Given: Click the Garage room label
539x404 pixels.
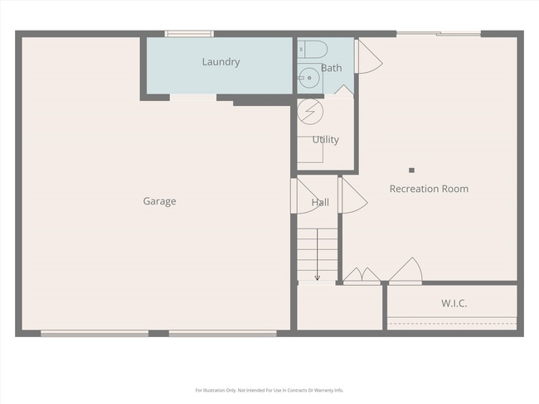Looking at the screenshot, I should (x=159, y=201).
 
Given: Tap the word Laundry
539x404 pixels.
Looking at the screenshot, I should (x=221, y=62).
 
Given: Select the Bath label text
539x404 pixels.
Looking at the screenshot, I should (x=331, y=68).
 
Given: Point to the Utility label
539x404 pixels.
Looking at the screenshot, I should (x=325, y=140).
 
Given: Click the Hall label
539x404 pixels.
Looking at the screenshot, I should (x=320, y=202).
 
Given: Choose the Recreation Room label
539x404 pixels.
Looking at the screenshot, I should (x=429, y=189).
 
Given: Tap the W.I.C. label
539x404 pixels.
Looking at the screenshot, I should (x=453, y=304).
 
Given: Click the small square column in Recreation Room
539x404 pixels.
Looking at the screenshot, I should (x=411, y=170).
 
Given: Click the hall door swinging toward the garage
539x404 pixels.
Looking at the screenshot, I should (x=299, y=195).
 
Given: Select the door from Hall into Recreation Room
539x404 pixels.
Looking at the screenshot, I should (x=352, y=197).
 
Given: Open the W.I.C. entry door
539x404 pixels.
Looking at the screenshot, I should (x=406, y=271).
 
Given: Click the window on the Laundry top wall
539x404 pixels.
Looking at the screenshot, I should (x=189, y=34).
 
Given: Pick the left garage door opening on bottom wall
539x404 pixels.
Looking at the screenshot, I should (x=95, y=334).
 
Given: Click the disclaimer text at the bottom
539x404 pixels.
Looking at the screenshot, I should (x=269, y=390).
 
